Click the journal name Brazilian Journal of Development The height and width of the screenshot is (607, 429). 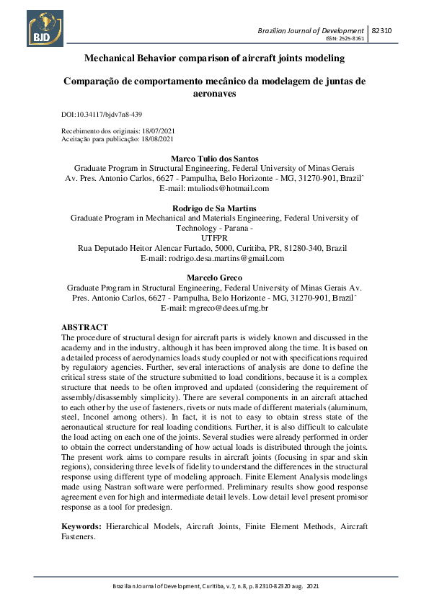311,31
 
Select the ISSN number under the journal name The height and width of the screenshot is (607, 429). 346,40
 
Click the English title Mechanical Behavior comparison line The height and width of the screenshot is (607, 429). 214,58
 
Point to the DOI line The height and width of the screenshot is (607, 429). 102,115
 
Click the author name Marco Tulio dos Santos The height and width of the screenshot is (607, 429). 214,158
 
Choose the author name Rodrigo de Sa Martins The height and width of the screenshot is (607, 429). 214,208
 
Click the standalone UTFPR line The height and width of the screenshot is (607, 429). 214,237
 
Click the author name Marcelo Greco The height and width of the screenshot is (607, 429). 214,278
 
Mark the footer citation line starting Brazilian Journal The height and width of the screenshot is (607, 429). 214,587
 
